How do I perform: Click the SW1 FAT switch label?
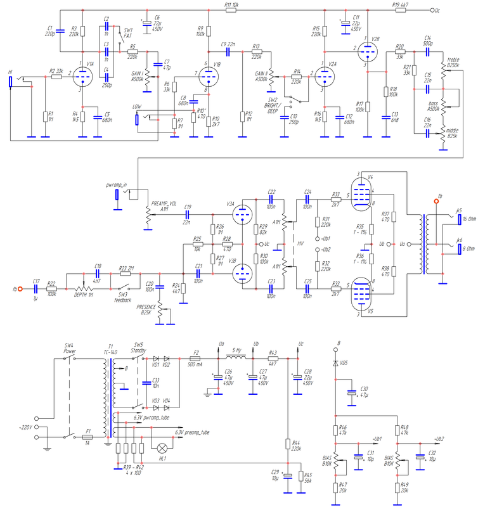(127, 34)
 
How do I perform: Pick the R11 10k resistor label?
(231, 4)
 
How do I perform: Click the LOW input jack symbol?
(136, 117)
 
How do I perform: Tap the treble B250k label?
(453, 62)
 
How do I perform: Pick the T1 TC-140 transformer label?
(110, 348)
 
